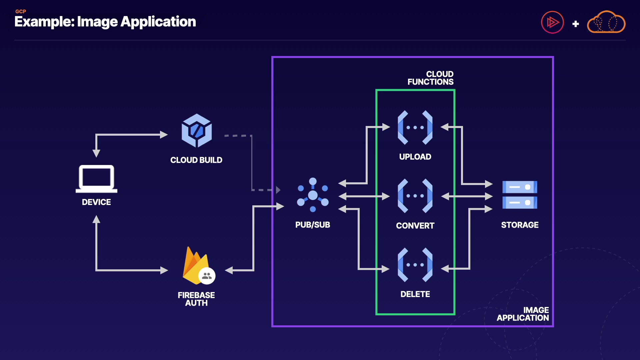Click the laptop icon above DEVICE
tap(96, 179)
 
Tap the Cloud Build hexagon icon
tap(197, 131)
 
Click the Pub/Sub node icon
tap(313, 195)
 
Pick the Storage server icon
tap(520, 195)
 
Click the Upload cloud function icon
tap(415, 127)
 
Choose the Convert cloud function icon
tap(415, 196)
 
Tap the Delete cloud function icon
tap(415, 265)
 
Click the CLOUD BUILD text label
tap(196, 160)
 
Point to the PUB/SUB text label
tap(313, 225)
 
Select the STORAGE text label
tap(520, 225)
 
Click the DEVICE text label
tap(96, 202)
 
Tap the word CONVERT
tap(415, 226)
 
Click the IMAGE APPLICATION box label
tap(523, 314)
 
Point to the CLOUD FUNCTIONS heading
tap(430, 78)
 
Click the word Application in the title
tap(158, 22)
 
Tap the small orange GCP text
tap(21, 11)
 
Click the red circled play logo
tap(552, 22)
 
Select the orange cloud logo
tap(606, 22)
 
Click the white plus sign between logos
tap(576, 24)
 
